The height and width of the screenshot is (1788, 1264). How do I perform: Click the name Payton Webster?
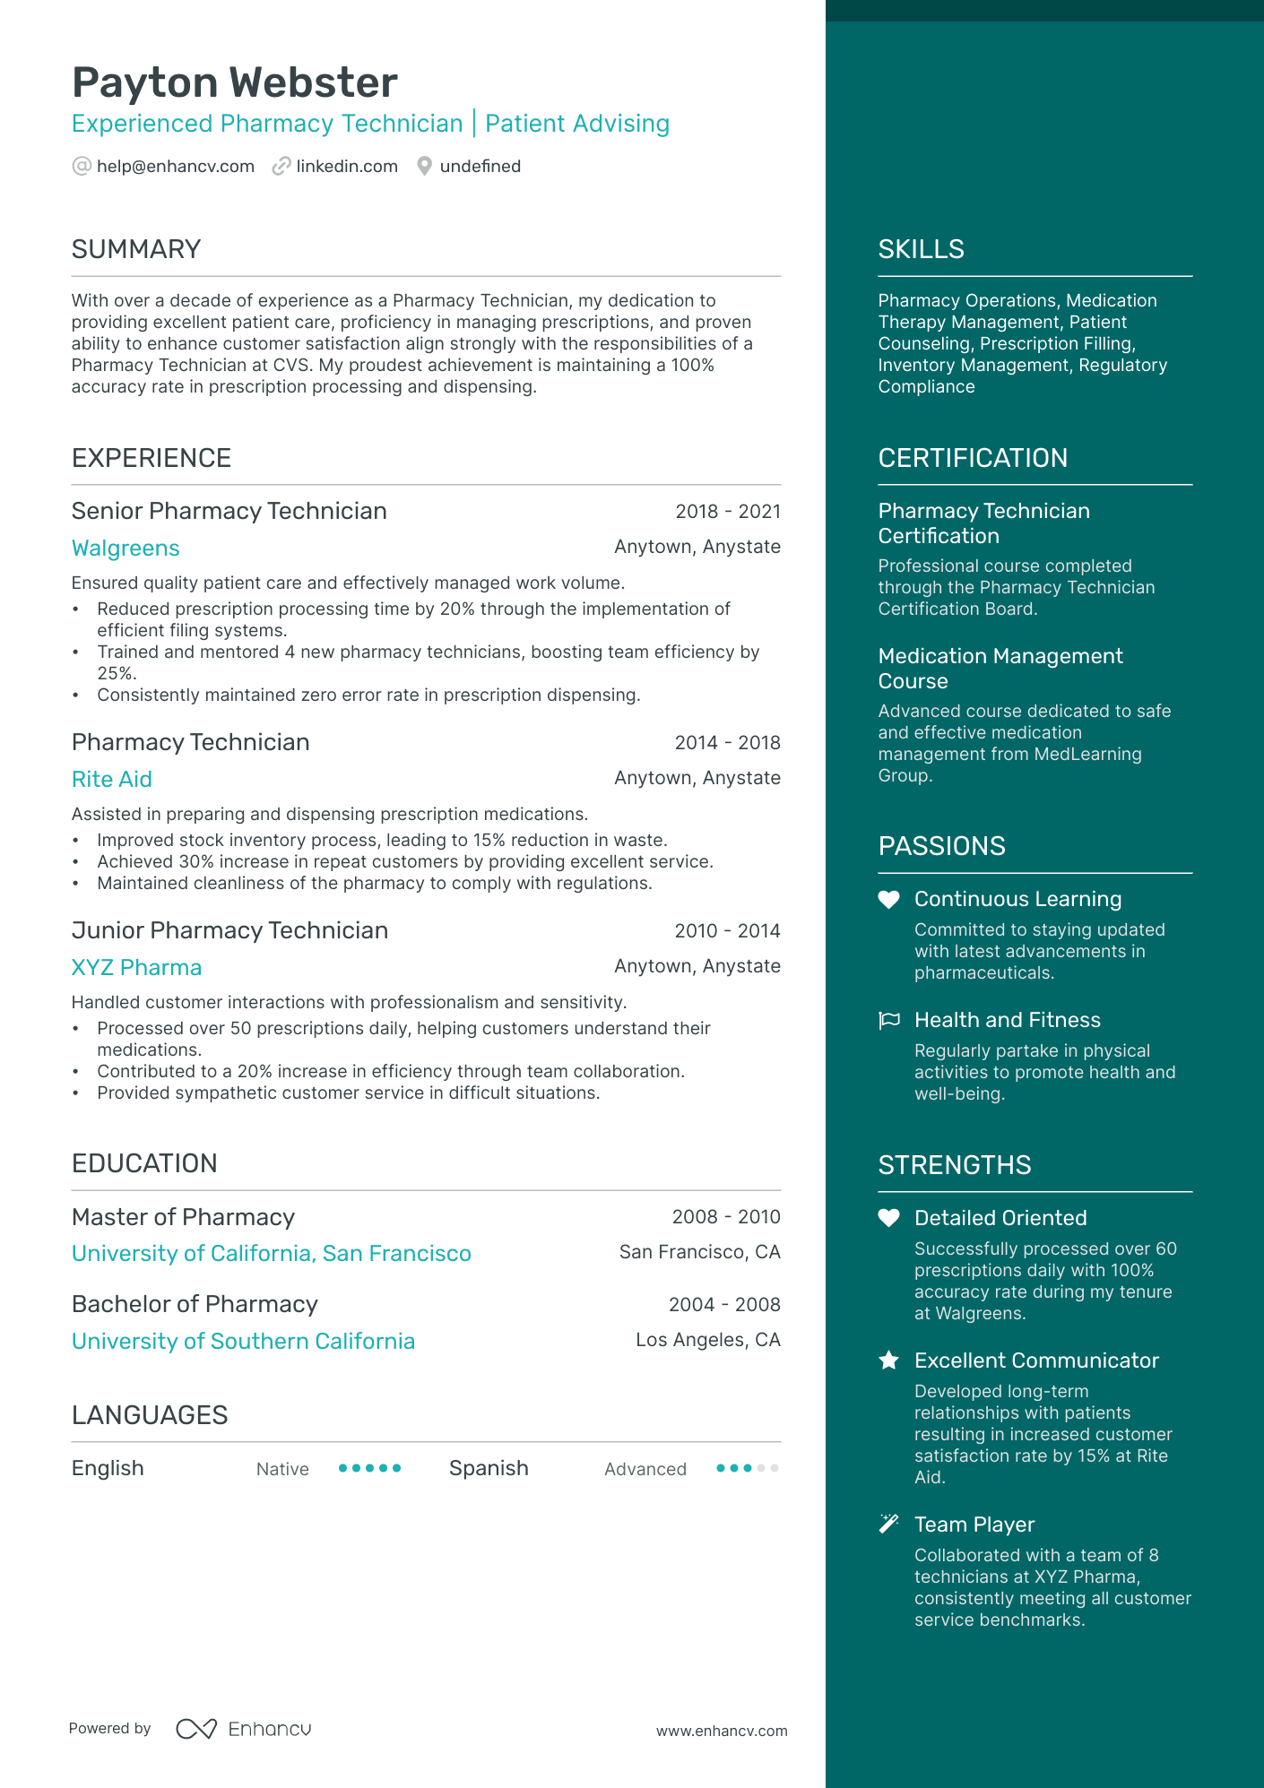point(234,82)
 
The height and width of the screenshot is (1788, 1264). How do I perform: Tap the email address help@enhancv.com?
point(175,166)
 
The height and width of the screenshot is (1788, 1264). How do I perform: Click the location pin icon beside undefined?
point(425,166)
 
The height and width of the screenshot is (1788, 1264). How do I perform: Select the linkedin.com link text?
point(346,166)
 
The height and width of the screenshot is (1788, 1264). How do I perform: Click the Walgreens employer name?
point(126,548)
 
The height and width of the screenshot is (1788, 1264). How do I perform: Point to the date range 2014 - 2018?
point(727,742)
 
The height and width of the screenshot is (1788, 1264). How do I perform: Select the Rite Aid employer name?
point(112,780)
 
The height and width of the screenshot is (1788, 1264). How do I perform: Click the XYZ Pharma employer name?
point(136,968)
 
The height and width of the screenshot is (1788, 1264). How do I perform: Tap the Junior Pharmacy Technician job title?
point(229,930)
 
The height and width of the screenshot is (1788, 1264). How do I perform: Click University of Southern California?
point(243,1342)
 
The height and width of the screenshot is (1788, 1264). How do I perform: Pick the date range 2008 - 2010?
point(726,1216)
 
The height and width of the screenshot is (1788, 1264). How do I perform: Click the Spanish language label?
point(489,1468)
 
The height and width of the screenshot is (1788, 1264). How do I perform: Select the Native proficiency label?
point(282,1469)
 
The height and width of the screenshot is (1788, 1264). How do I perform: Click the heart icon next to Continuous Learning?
point(888,900)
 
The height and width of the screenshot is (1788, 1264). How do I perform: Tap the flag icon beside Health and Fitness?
point(888,1020)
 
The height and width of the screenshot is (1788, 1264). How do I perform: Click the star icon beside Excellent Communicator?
point(888,1360)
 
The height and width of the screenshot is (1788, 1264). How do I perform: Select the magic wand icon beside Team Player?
point(888,1524)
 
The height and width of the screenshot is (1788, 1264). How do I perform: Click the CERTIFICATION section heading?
point(973,458)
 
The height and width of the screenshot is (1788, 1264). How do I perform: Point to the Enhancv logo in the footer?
point(244,1729)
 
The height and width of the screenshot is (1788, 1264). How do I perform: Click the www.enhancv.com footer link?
point(722,1731)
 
